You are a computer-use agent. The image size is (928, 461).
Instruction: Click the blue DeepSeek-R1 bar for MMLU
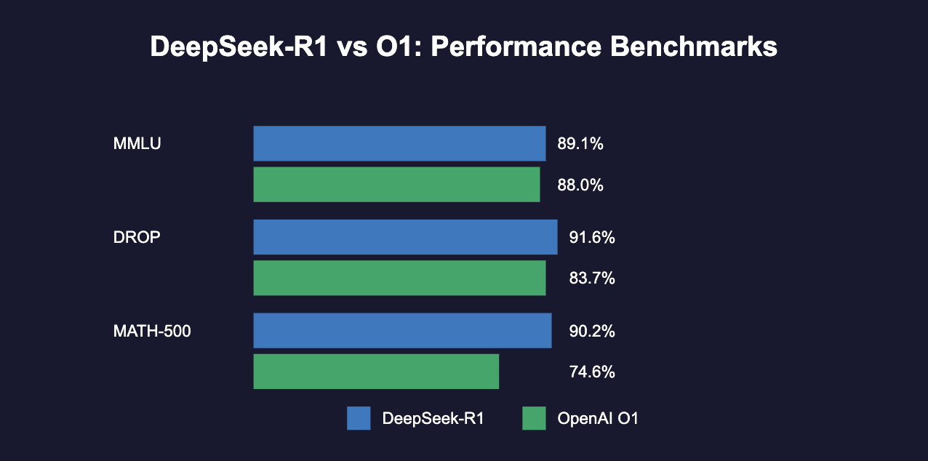(399, 143)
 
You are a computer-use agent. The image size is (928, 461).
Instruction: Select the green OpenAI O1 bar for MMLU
(396, 184)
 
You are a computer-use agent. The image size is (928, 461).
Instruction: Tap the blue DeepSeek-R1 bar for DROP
(405, 237)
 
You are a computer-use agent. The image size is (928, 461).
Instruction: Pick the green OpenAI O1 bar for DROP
(399, 278)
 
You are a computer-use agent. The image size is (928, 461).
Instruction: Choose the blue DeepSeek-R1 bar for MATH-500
(402, 330)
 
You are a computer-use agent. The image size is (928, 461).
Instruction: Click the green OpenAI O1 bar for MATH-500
(376, 372)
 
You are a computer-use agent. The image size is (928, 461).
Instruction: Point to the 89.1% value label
(580, 144)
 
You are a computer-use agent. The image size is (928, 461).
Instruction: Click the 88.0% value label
(580, 185)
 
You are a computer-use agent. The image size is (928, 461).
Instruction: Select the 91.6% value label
(592, 238)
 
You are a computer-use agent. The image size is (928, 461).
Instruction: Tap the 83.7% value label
(592, 278)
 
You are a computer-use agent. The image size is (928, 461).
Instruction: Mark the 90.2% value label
(592, 331)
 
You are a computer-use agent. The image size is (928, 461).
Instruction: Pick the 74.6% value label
(592, 372)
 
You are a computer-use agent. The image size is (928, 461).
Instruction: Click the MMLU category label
(137, 143)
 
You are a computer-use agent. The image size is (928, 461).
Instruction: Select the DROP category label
(137, 237)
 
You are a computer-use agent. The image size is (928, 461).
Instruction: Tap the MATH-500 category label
(152, 331)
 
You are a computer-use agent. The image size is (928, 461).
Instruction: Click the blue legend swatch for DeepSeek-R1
(359, 418)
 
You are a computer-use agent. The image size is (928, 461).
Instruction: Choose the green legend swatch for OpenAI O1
(534, 418)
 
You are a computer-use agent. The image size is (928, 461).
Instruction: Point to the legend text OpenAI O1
(597, 418)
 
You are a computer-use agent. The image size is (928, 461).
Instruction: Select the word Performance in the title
(513, 48)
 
